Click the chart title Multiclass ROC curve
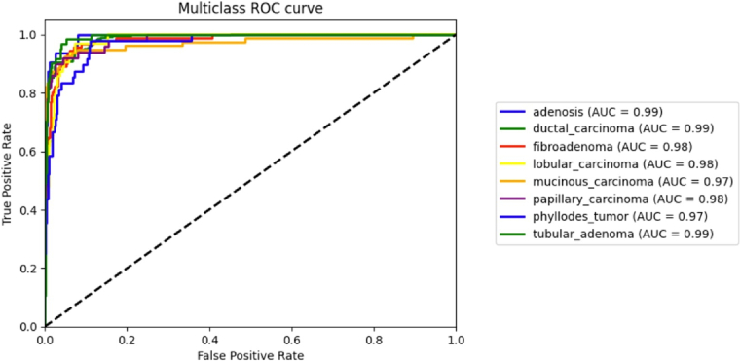point(249,9)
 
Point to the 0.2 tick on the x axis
point(127,338)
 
